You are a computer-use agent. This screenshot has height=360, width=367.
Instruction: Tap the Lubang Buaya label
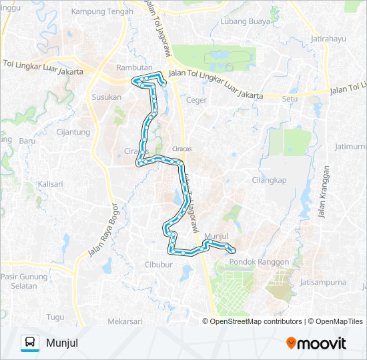[245, 21]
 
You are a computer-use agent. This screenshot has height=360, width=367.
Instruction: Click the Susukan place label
[107, 97]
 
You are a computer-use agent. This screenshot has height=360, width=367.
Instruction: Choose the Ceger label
[198, 100]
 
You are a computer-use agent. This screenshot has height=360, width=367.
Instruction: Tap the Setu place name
[290, 99]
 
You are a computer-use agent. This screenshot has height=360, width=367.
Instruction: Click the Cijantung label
[73, 132]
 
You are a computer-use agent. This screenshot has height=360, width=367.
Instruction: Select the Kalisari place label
[50, 184]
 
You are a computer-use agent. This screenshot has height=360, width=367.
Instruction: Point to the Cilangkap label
[269, 179]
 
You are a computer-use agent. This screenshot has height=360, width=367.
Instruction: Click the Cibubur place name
[159, 265]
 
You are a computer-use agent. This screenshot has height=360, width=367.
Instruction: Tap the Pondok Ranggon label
[259, 262]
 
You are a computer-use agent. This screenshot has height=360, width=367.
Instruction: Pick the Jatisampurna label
[323, 282]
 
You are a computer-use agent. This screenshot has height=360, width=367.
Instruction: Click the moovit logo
[316, 343]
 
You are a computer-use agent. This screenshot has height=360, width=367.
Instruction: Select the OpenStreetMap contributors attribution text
[256, 321]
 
